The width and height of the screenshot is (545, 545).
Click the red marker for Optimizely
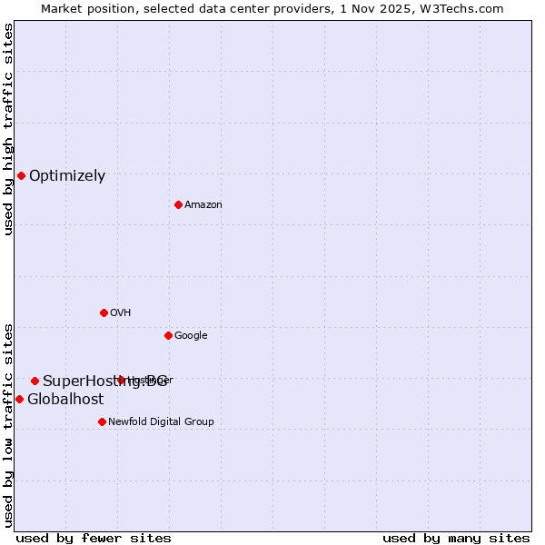[21, 175]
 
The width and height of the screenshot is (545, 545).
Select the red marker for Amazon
[178, 204]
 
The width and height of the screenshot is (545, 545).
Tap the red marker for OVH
[104, 312]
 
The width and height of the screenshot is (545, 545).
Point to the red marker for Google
[168, 335]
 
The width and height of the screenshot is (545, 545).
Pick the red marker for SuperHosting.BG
[35, 381]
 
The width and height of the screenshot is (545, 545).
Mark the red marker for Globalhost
[19, 399]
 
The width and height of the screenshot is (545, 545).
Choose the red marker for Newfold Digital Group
[102, 421]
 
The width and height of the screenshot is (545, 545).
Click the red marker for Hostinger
[121, 380]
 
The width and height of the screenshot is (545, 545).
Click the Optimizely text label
[67, 176]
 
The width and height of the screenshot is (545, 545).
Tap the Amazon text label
[203, 205]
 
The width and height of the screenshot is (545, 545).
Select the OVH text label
[121, 313]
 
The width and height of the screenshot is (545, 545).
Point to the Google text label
[191, 336]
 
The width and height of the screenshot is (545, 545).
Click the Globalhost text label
[65, 400]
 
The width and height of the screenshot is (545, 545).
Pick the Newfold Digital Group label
[161, 422]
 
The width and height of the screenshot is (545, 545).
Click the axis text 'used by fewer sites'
[94, 538]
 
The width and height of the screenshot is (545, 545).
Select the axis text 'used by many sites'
[456, 538]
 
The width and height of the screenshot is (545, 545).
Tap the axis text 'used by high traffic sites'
[8, 130]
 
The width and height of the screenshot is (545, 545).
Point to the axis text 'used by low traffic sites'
[8, 424]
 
